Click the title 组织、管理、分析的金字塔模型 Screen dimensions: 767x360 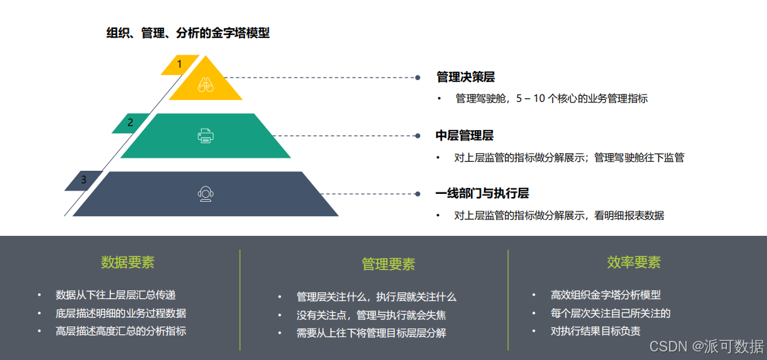[x=188, y=33]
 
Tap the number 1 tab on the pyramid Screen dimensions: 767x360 [x=179, y=64]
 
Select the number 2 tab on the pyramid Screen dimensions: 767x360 [x=130, y=122]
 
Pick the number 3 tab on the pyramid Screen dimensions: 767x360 [x=83, y=179]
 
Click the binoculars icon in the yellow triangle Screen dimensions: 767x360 [x=206, y=84]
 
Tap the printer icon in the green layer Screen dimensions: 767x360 [x=206, y=136]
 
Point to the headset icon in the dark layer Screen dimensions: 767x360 [x=206, y=194]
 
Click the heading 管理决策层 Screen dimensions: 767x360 [x=466, y=78]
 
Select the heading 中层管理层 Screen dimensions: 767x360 [x=464, y=136]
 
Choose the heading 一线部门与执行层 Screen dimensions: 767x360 [x=482, y=194]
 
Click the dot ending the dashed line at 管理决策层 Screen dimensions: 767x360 [x=418, y=78]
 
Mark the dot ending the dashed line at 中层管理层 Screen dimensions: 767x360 [x=418, y=136]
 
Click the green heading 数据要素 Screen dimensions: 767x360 [x=127, y=263]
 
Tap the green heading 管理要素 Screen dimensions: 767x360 [x=388, y=264]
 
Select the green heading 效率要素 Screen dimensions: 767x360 [x=634, y=263]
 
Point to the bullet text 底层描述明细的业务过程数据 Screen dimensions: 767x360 [x=121, y=313]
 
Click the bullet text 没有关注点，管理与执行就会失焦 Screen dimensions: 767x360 [x=371, y=315]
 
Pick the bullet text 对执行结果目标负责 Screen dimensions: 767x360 [x=595, y=331]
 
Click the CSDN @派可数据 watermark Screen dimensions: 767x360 [x=706, y=346]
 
